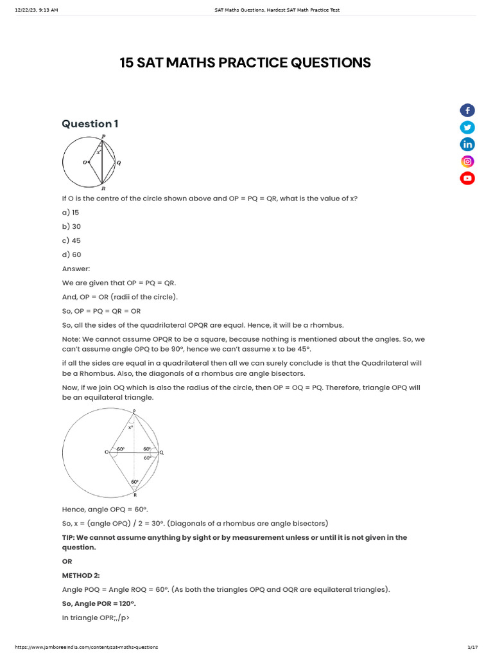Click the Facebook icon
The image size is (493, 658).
click(467, 111)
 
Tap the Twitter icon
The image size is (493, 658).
click(467, 127)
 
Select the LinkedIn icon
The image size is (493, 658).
click(467, 145)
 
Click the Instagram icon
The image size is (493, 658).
click(467, 161)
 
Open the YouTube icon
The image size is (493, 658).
click(467, 178)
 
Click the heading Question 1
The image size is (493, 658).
click(90, 123)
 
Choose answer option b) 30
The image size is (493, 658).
click(71, 226)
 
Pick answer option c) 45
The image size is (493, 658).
click(71, 240)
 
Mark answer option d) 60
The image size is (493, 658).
click(71, 254)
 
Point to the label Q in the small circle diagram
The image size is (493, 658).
click(119, 163)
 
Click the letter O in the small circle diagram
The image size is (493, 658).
click(84, 163)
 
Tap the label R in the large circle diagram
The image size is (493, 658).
click(135, 495)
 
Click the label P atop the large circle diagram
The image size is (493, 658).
click(134, 411)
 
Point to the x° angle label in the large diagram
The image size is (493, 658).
click(131, 427)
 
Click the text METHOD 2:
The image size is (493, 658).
click(81, 575)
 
